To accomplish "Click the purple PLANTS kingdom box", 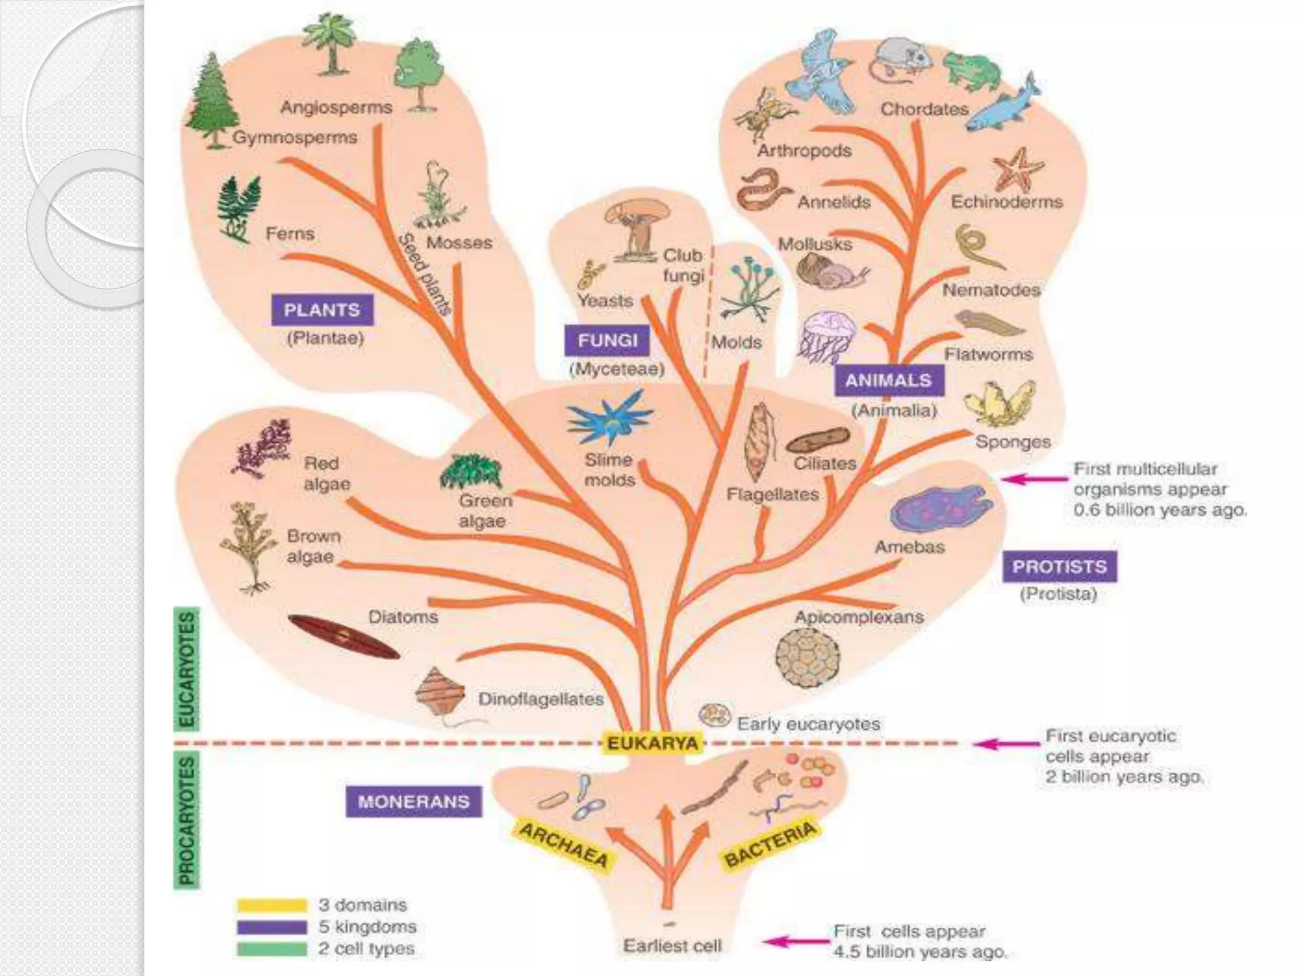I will (322, 310).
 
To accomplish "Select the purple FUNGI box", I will (607, 341).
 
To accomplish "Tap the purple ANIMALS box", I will (888, 381).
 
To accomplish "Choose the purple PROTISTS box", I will (1059, 566).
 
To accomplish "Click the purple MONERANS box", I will (414, 801).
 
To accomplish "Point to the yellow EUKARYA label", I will (652, 743).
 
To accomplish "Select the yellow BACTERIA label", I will (770, 843).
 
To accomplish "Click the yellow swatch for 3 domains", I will (272, 905).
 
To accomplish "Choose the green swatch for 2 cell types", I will (272, 949).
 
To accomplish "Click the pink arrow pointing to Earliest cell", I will (794, 942).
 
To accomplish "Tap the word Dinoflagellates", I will (541, 699).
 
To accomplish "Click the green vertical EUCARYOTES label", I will (186, 668).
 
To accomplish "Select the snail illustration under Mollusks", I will (829, 270).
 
